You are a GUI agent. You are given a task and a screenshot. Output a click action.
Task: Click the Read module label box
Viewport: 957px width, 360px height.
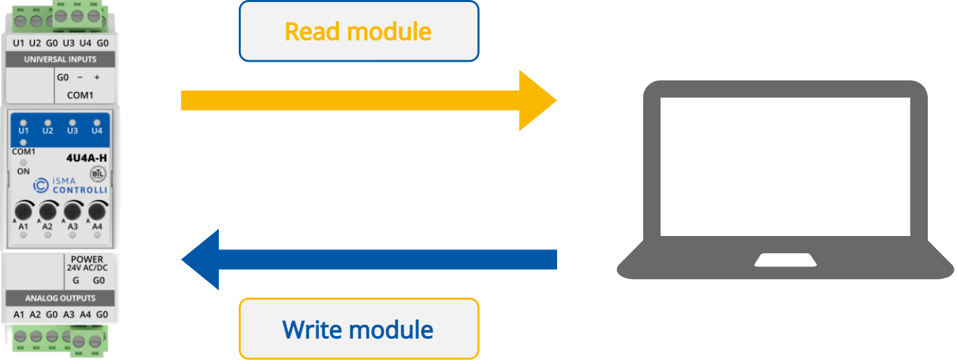pyautogui.click(x=358, y=31)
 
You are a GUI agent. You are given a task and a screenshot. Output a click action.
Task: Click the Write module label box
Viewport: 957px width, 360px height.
pyautogui.click(x=358, y=329)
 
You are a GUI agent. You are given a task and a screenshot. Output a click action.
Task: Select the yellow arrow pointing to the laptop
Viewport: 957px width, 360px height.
pyautogui.click(x=368, y=100)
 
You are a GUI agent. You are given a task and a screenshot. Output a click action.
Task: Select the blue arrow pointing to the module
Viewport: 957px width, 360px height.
pyautogui.click(x=368, y=259)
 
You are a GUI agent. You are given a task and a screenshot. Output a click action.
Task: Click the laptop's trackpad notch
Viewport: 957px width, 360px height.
pyautogui.click(x=785, y=259)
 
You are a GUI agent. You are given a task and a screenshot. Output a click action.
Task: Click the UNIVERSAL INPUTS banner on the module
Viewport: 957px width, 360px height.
pyautogui.click(x=60, y=59)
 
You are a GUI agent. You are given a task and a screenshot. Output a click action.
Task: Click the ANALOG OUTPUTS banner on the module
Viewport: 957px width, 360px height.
pyautogui.click(x=60, y=298)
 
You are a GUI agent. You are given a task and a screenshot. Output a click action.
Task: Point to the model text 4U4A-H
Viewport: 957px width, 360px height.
pyautogui.click(x=86, y=158)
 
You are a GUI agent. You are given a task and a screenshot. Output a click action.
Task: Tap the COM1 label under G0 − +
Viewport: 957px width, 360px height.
pyautogui.click(x=80, y=95)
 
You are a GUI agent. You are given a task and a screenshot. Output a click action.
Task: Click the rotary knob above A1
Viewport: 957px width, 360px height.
pyautogui.click(x=23, y=211)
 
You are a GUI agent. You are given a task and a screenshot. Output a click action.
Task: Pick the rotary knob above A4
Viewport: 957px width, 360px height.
pyautogui.click(x=97, y=211)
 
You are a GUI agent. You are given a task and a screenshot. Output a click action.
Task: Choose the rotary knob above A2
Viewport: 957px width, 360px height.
pyautogui.click(x=48, y=211)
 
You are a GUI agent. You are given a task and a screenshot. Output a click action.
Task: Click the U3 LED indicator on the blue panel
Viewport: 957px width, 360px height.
pyautogui.click(x=72, y=123)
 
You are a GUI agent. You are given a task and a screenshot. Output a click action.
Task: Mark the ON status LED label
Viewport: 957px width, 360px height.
pyautogui.click(x=23, y=170)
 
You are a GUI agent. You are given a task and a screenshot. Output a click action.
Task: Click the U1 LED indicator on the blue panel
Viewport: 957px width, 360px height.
pyautogui.click(x=23, y=123)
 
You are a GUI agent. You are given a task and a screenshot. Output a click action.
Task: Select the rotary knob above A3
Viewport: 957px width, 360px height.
pyautogui.click(x=72, y=211)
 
